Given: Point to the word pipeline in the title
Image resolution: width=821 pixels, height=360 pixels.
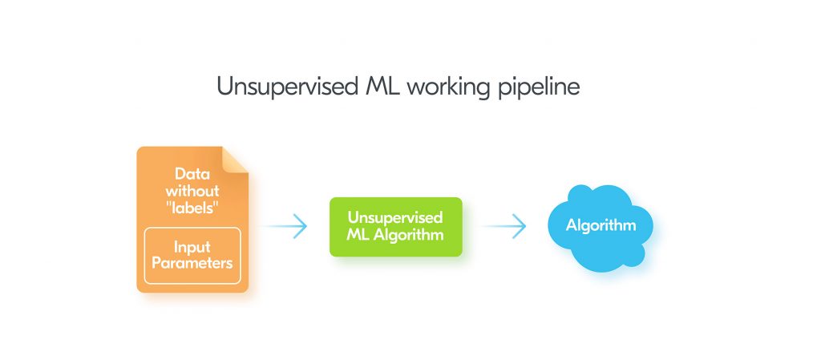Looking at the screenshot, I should pos(540,87).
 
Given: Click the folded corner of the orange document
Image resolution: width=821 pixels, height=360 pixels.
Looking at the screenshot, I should pos(236,160).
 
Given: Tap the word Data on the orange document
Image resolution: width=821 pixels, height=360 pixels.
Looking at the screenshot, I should pos(192,176).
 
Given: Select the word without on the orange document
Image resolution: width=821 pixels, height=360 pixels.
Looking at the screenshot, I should pos(192,192).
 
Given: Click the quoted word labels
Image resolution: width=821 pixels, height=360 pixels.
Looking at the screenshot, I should pos(192,209).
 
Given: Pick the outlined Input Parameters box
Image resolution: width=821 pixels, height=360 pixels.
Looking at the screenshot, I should pos(192,256).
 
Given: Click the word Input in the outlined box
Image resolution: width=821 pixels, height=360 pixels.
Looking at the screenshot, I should pos(192,246).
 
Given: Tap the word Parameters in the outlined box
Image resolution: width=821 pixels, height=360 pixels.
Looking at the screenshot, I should pos(192,264).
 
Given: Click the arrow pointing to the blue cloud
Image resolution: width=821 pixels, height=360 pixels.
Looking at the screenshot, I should pos(504,227).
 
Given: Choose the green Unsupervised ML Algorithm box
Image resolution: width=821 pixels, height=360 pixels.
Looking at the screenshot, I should pos(395,227).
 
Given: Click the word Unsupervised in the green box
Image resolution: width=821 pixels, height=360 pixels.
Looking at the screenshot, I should pos(395,218).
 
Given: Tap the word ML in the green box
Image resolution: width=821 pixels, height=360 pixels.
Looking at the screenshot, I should pos(358,236).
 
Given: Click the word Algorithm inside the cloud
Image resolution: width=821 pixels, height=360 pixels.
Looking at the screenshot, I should pos(601,225).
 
